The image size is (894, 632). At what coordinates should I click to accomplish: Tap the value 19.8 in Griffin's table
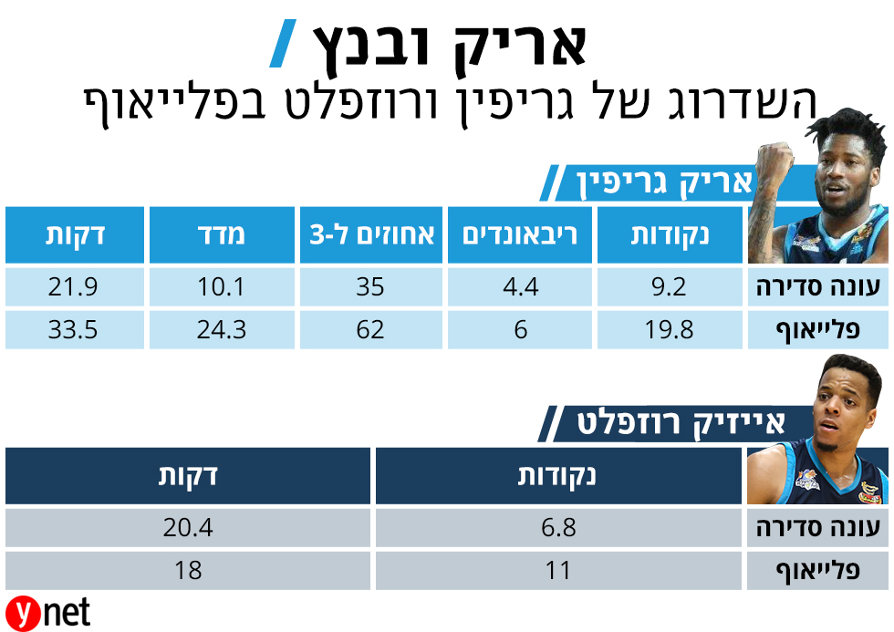[671, 329]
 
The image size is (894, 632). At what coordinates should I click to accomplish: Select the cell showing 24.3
[222, 329]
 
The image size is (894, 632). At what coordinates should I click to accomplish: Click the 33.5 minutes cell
[74, 329]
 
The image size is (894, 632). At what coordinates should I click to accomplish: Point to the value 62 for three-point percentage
[370, 329]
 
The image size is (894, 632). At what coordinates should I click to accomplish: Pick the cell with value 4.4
[520, 288]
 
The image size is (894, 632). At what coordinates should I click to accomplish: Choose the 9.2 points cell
[671, 288]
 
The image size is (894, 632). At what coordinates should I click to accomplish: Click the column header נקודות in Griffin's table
[670, 235]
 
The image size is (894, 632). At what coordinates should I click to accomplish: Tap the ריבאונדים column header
[520, 235]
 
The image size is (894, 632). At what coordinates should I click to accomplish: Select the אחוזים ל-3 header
[370, 235]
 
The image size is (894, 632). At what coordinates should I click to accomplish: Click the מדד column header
[222, 235]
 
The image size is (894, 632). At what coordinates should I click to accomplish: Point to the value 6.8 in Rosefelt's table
[557, 528]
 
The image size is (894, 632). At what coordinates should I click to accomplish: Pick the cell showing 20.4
[188, 528]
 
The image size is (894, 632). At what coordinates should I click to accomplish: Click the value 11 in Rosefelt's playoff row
[557, 571]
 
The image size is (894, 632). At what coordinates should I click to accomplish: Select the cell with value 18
[188, 571]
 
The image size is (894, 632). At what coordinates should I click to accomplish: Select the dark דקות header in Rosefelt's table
[188, 476]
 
